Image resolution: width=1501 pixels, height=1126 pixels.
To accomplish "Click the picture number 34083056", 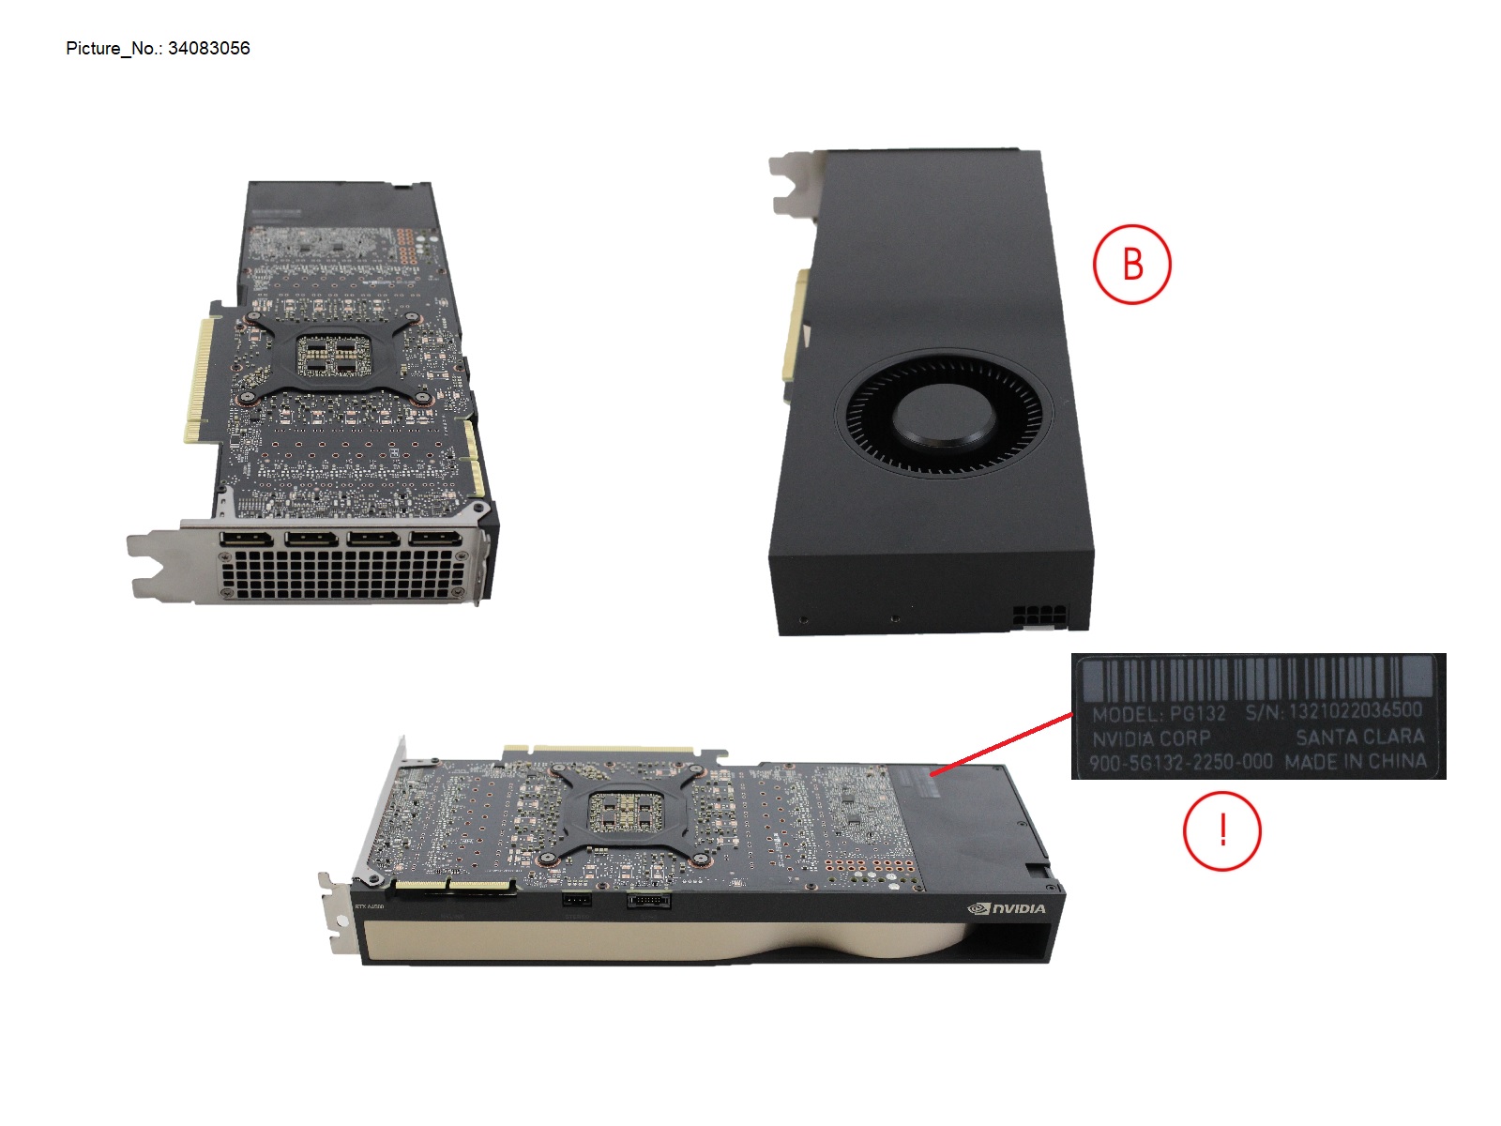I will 208,48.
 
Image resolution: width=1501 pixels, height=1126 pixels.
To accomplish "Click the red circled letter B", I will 1131,264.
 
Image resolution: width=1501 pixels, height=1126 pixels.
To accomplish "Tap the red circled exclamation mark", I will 1221,830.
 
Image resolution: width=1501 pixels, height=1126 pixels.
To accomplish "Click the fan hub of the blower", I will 944,417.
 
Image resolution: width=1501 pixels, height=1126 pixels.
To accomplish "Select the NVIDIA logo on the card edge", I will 1006,908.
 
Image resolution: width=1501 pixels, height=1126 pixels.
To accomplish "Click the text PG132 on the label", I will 1197,713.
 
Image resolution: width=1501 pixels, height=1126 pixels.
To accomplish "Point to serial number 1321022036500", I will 1355,711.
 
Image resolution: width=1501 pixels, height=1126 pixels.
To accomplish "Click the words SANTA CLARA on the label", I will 1359,737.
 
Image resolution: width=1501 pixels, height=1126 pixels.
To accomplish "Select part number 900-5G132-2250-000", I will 1181,762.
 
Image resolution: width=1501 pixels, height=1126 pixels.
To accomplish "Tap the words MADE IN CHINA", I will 1356,761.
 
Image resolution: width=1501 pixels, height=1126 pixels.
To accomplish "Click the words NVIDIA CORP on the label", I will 1151,738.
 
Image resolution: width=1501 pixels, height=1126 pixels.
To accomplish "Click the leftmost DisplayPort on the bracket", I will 247,540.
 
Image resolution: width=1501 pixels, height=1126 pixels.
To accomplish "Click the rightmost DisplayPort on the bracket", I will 434,539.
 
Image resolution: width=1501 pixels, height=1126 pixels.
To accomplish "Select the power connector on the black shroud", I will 1038,617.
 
